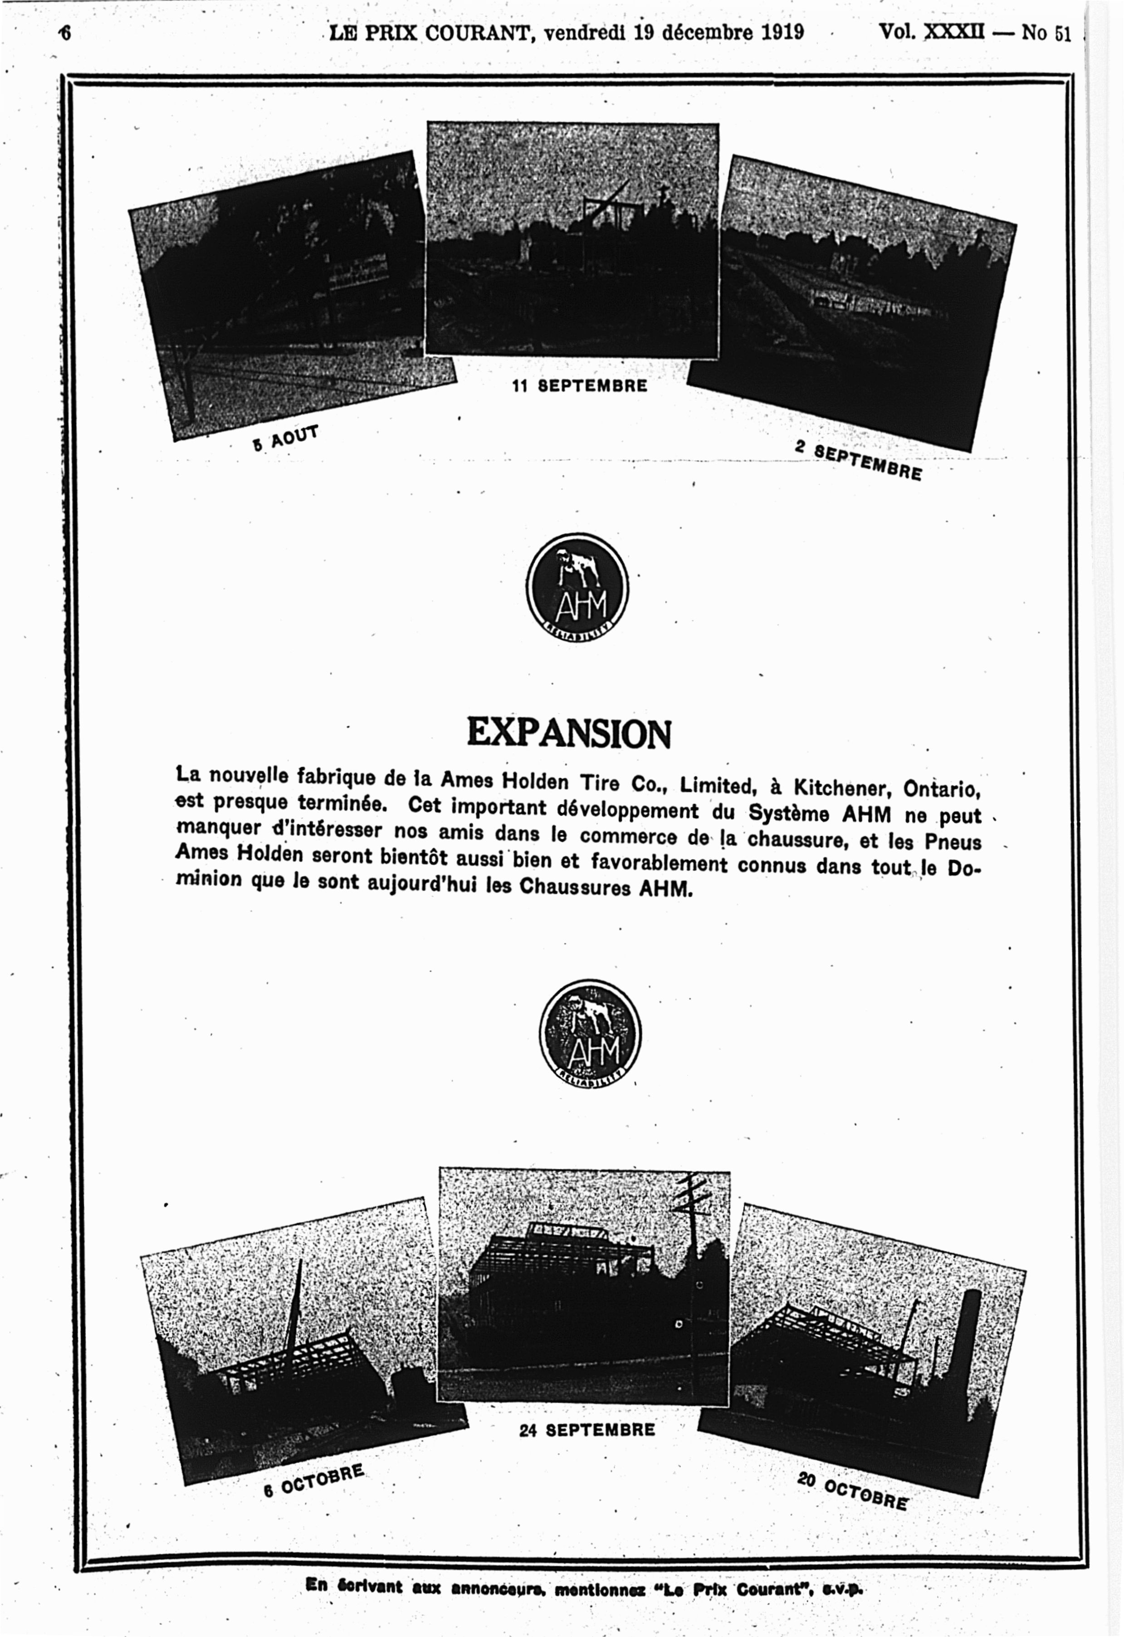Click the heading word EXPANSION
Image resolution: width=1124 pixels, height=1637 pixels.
(569, 733)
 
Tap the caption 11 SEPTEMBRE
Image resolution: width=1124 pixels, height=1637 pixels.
(579, 386)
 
